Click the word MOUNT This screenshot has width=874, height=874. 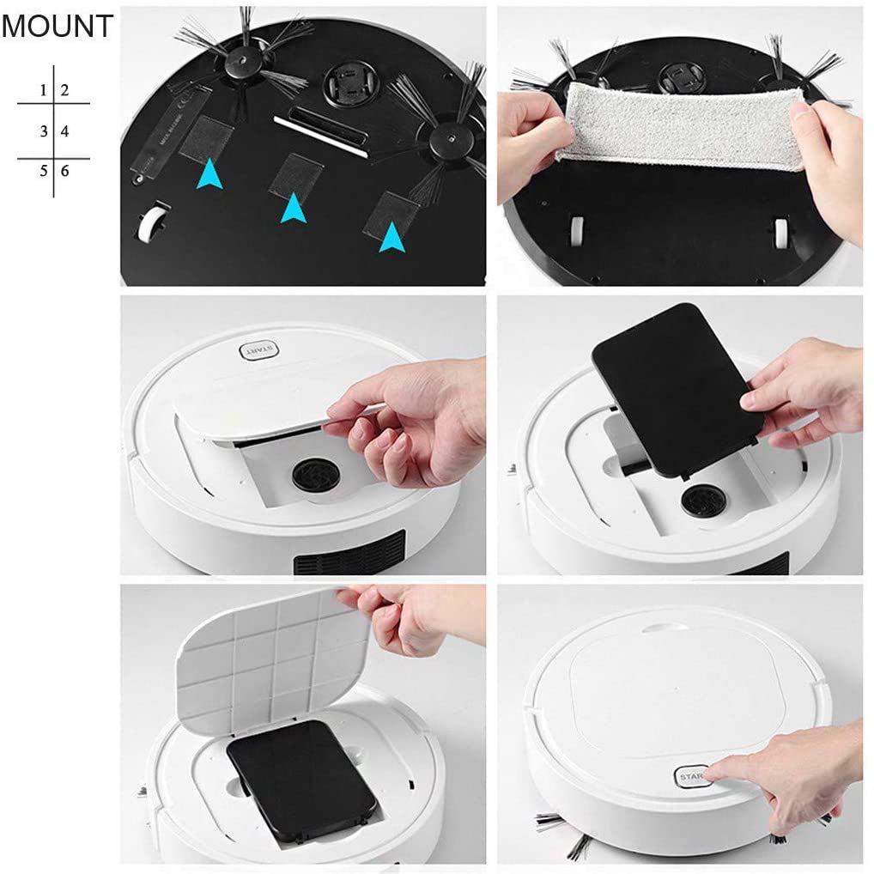57,26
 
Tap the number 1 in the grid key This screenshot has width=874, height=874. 43,89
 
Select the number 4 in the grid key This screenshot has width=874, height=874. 64,131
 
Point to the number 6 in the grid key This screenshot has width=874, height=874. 64,171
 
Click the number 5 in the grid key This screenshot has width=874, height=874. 43,171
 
